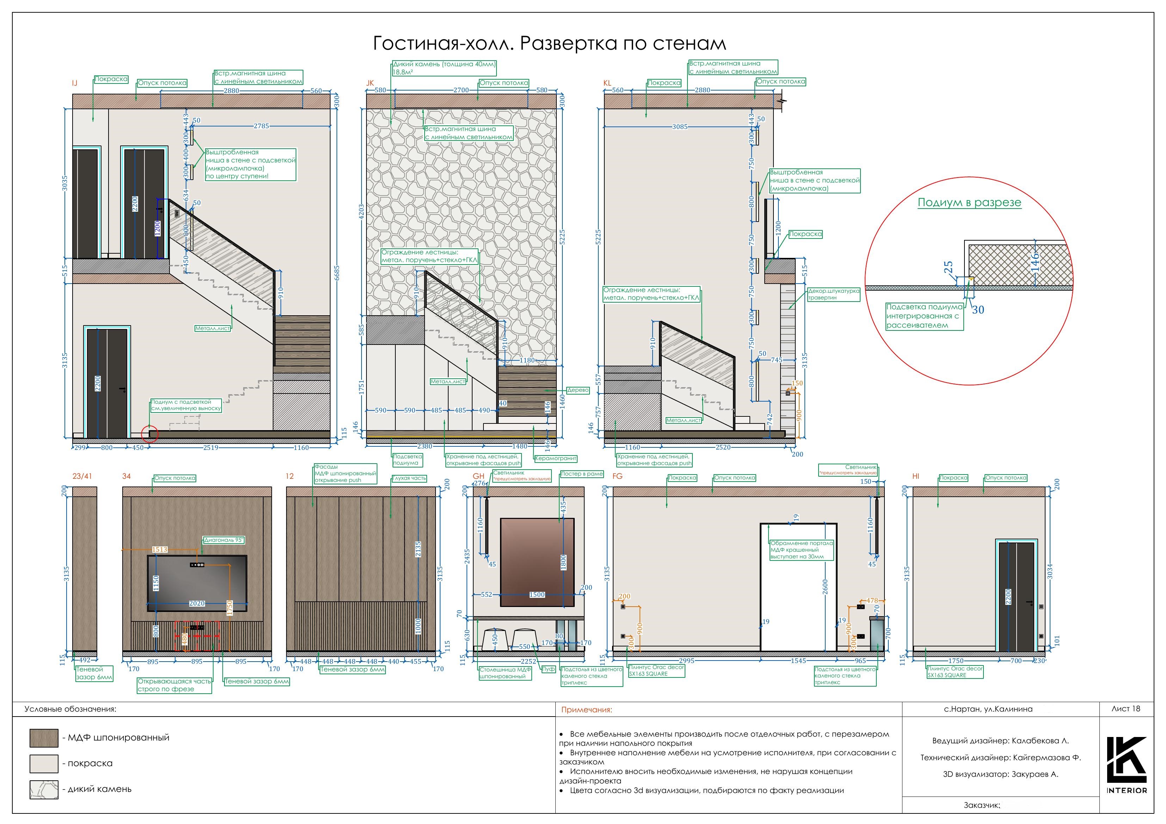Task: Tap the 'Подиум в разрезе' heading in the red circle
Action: pyautogui.click(x=969, y=203)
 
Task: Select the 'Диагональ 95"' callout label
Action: pyautogui.click(x=224, y=540)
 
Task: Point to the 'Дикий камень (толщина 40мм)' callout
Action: pyautogui.click(x=444, y=68)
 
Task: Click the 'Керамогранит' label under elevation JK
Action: pyautogui.click(x=556, y=458)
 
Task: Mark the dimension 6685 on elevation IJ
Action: pyautogui.click(x=337, y=273)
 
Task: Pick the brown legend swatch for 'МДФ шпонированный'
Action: pyautogui.click(x=44, y=738)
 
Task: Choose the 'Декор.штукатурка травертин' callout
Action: pyautogui.click(x=833, y=295)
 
